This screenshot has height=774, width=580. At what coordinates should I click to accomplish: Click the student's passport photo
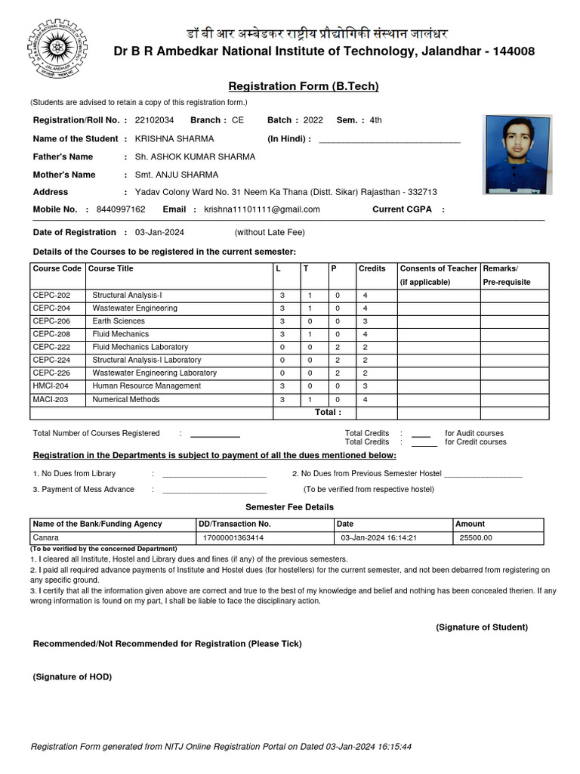[x=518, y=155]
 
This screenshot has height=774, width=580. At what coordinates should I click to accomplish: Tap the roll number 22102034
[x=154, y=120]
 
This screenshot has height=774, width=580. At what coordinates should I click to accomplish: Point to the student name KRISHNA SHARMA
[x=174, y=138]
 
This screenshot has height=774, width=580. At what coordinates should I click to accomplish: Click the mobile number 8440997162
[x=122, y=209]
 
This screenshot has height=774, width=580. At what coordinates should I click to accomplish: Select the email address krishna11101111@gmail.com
[x=262, y=209]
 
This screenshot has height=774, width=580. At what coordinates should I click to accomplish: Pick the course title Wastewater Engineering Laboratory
[x=154, y=373]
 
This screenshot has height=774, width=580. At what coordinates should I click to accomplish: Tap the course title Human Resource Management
[x=147, y=385]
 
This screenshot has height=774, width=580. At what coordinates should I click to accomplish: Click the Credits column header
[x=372, y=268]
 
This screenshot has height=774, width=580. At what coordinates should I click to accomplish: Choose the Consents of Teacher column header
[x=438, y=268]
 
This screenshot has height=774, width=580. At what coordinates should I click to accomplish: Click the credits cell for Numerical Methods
[x=365, y=399]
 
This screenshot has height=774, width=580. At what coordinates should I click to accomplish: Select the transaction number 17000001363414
[x=233, y=538]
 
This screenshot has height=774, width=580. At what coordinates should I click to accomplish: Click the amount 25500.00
[x=476, y=538]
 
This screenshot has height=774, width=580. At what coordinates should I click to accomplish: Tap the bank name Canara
[x=46, y=538]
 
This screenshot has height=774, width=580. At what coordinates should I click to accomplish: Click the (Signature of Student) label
[x=481, y=627]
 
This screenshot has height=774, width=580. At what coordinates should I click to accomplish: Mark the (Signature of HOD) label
[x=72, y=677]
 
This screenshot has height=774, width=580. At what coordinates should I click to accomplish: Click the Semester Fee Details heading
[x=289, y=507]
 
